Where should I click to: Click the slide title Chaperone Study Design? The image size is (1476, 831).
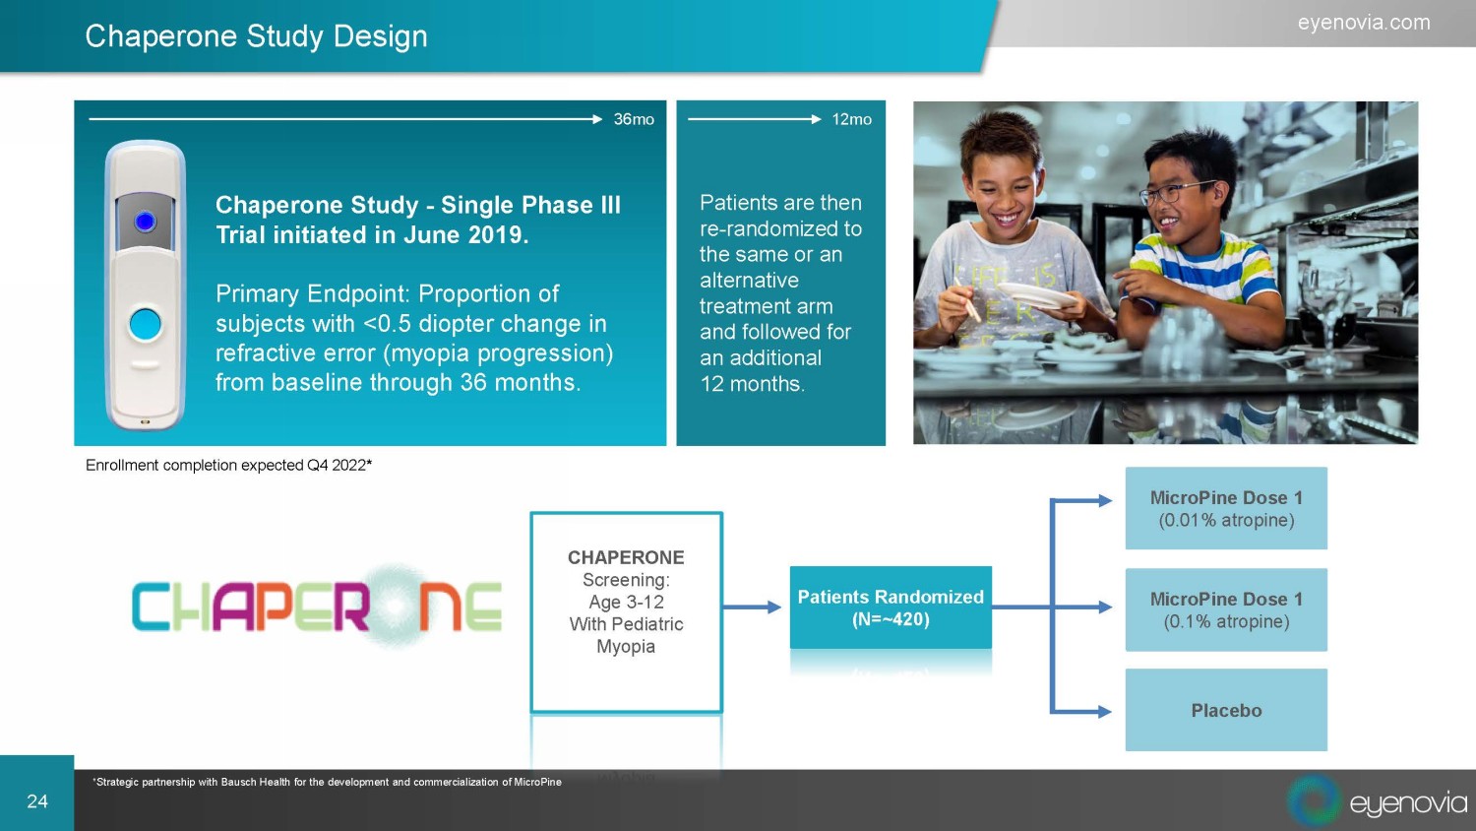click(256, 36)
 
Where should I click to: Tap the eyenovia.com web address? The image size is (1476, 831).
click(1364, 23)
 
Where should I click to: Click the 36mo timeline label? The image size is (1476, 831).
click(634, 119)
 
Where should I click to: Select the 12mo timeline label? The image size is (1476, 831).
click(851, 119)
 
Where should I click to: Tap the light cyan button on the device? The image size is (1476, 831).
click(145, 325)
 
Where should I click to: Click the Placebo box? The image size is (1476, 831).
click(1226, 710)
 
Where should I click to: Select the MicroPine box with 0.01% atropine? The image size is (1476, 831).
click(1226, 508)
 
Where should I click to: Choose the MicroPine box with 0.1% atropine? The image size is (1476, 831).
click(1226, 609)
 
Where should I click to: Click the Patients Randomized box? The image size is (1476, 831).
click(891, 607)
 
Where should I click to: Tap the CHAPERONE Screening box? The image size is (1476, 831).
click(626, 612)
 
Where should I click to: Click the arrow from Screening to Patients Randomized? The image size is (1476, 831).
click(752, 607)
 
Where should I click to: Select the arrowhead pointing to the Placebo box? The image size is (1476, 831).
click(1105, 712)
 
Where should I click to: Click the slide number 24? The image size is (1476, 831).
click(37, 801)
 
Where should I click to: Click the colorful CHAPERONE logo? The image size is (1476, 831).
click(317, 607)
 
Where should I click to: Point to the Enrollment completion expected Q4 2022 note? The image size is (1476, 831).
click(228, 465)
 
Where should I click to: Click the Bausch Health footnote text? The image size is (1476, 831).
click(328, 782)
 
